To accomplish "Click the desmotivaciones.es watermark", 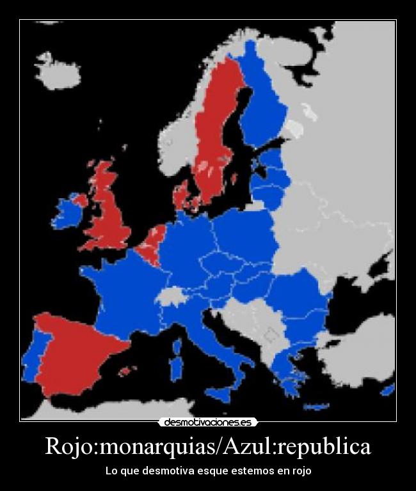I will pyautogui.click(x=208, y=422).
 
